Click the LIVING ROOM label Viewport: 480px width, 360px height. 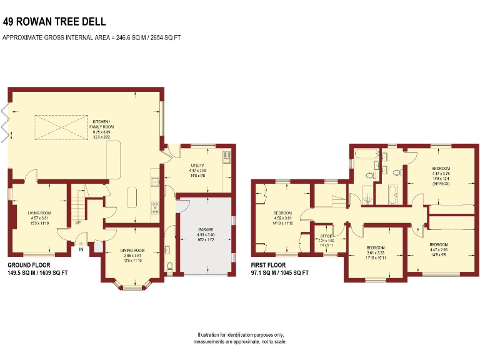pos(39,213)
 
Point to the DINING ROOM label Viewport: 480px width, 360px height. pos(132,250)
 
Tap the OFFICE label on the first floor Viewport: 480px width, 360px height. pos(326,236)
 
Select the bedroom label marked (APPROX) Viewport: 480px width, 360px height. pos(440,169)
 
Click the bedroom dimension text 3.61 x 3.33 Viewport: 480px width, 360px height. pos(376,252)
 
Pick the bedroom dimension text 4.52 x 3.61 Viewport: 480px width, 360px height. pos(282,217)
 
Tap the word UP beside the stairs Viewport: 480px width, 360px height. pos(77,222)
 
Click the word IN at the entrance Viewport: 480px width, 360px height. pos(81,249)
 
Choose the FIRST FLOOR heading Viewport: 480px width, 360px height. pos(270,265)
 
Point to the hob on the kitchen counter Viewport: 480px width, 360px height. pos(154,207)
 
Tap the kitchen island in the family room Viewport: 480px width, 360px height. pos(132,198)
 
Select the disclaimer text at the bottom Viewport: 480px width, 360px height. pos(240,338)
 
